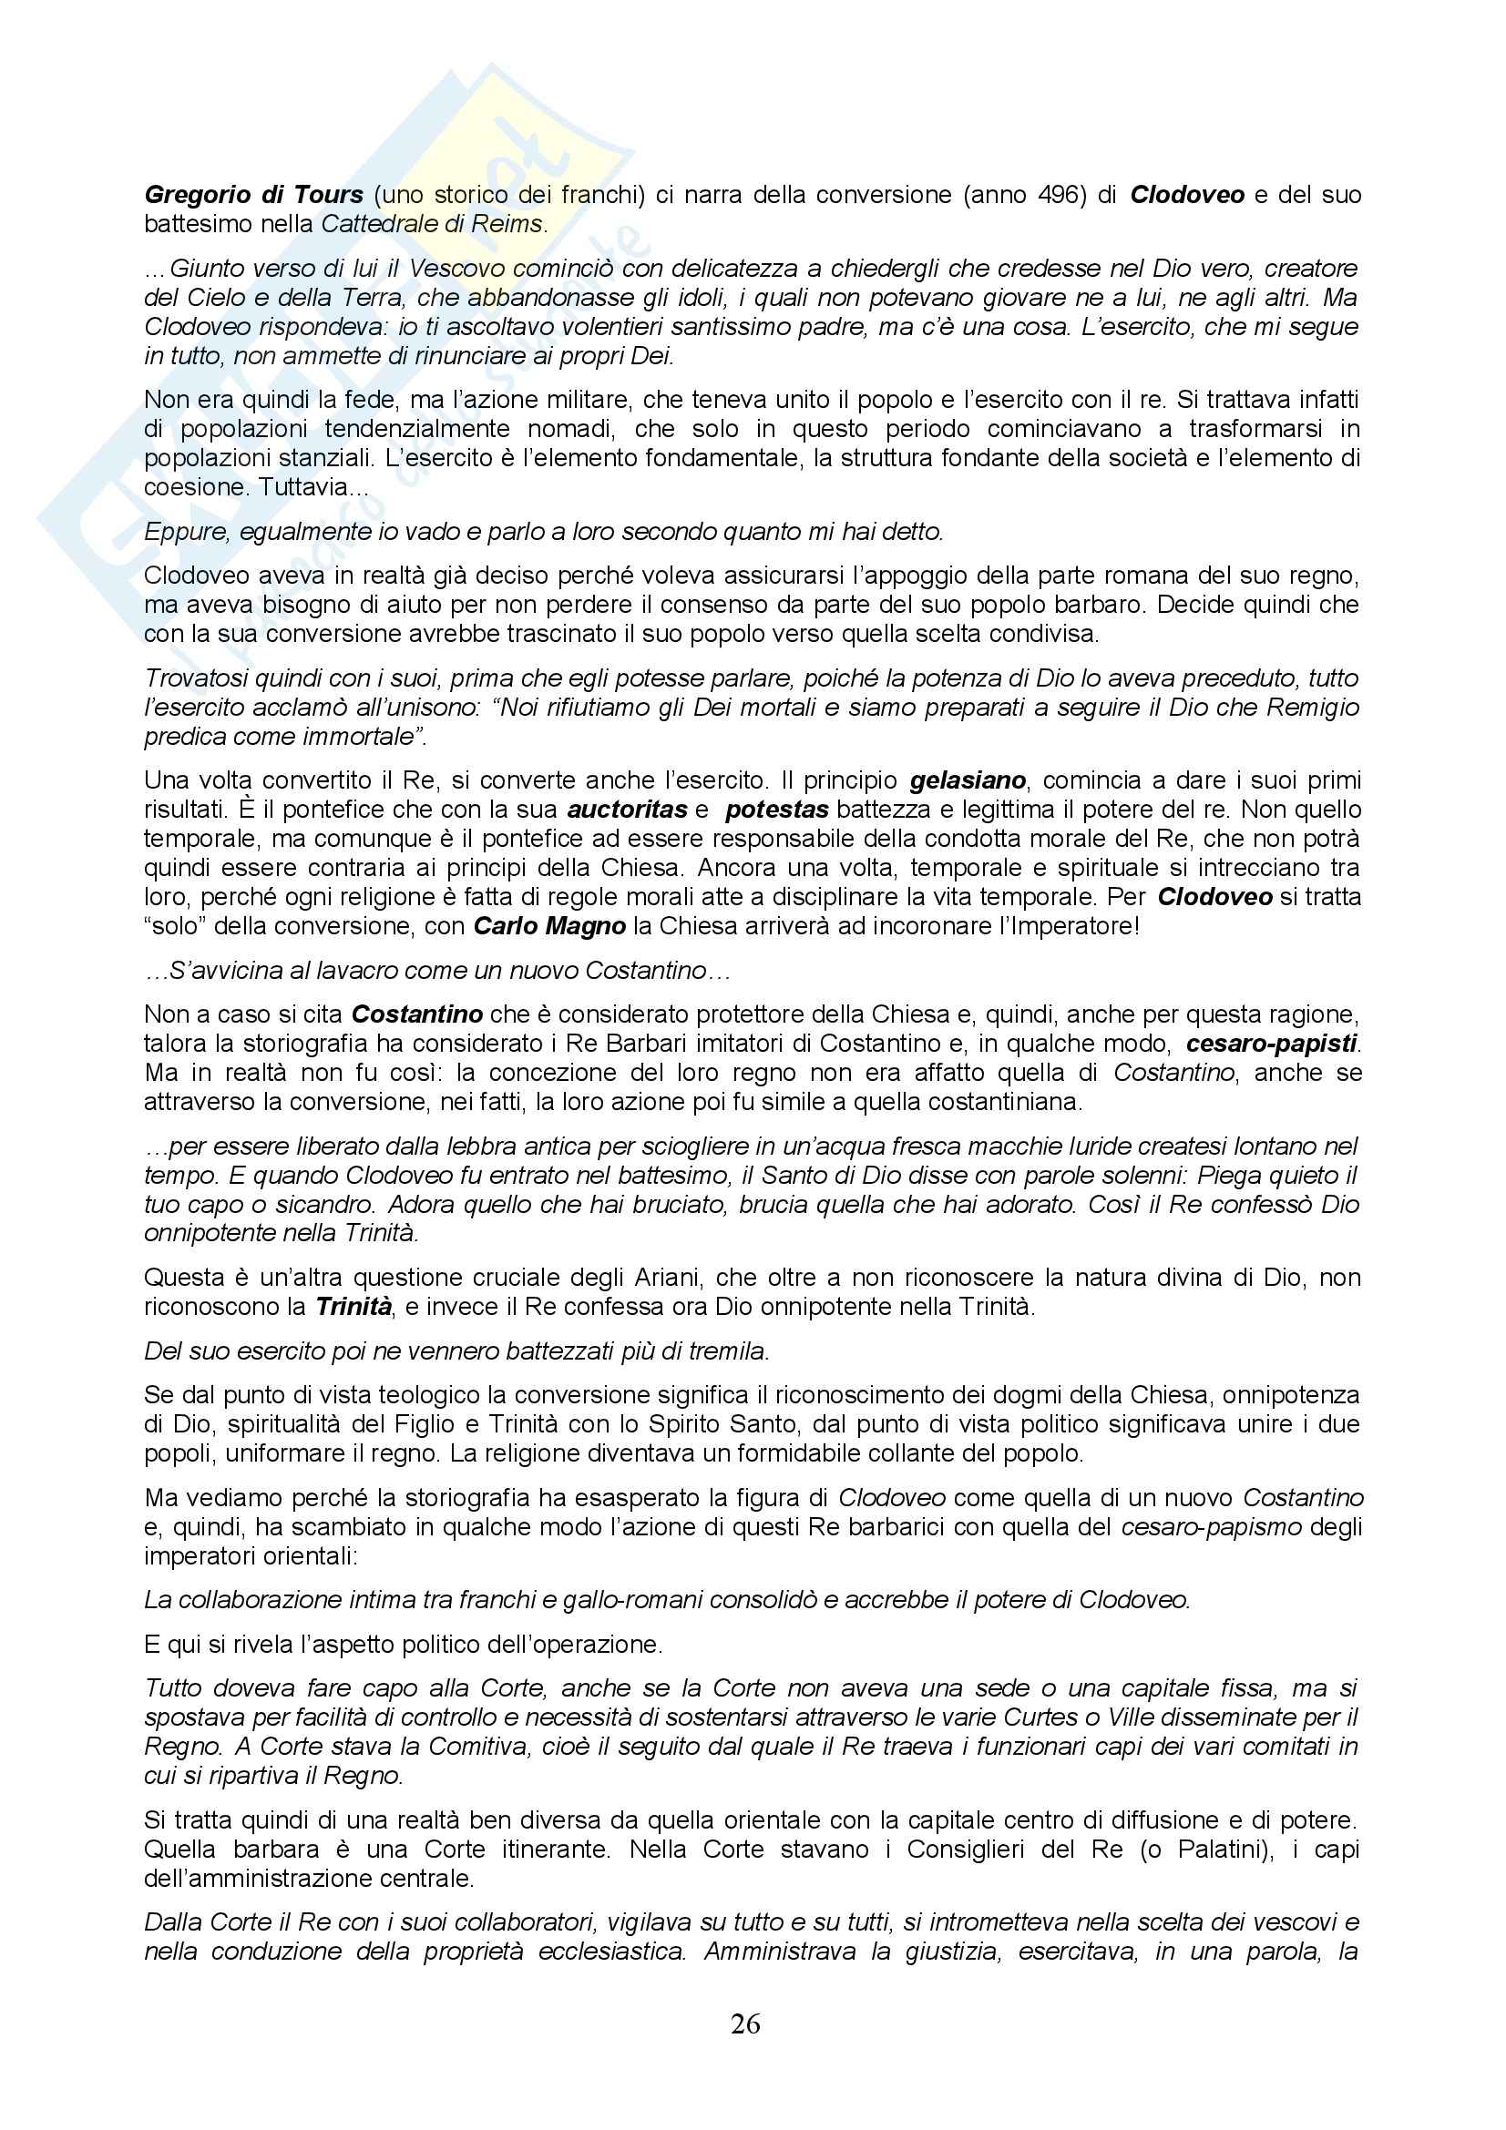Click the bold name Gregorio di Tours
(253, 196)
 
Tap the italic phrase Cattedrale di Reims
(432, 225)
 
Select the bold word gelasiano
(968, 780)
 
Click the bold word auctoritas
(627, 810)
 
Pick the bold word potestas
(776, 810)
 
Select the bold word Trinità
(353, 1307)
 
